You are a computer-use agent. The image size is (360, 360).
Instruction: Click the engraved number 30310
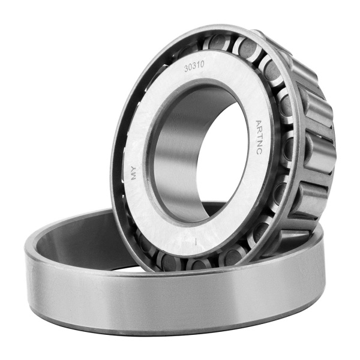point(194,67)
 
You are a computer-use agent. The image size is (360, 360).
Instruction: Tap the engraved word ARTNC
point(259,137)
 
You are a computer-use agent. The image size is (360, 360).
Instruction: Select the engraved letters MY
point(134,172)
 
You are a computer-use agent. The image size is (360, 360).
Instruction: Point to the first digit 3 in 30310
point(186,69)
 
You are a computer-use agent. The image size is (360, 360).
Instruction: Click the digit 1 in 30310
point(197,65)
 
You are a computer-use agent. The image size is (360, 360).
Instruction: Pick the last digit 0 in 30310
point(202,65)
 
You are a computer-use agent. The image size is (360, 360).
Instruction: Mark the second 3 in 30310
point(194,67)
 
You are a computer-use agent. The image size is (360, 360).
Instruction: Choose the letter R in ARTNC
point(259,130)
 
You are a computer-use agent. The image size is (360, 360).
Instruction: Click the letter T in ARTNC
point(259,137)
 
